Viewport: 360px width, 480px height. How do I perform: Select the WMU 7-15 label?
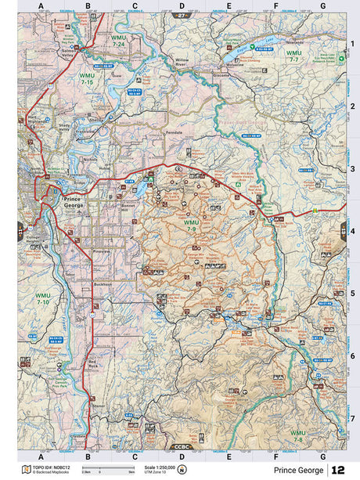(86, 78)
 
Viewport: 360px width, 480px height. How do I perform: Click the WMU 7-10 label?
(42, 299)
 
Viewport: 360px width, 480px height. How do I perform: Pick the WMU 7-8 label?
(298, 435)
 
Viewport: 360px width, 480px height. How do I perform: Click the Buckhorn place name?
(102, 283)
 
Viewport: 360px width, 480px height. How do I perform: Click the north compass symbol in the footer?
(182, 469)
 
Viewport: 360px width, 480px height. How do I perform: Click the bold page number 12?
(338, 470)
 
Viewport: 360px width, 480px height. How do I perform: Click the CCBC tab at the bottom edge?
(181, 446)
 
